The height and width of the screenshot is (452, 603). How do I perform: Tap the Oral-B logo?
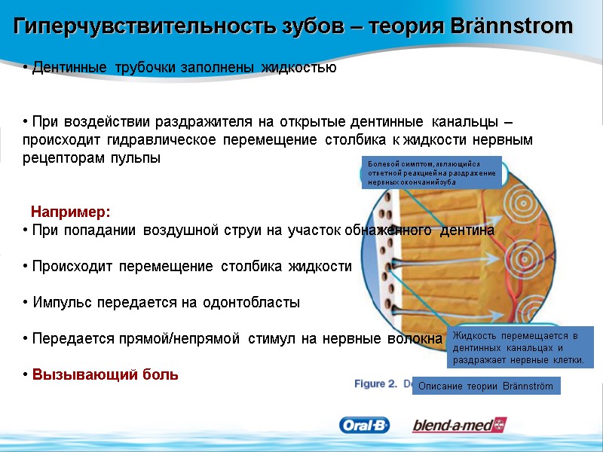click(366, 426)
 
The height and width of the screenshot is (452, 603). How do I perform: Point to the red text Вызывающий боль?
click(106, 374)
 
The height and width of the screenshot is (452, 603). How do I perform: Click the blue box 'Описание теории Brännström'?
click(486, 386)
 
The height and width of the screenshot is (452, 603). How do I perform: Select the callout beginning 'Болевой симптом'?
click(431, 173)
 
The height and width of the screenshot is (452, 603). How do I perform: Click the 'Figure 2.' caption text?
click(375, 383)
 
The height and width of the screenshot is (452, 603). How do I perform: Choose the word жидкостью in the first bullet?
click(298, 68)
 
